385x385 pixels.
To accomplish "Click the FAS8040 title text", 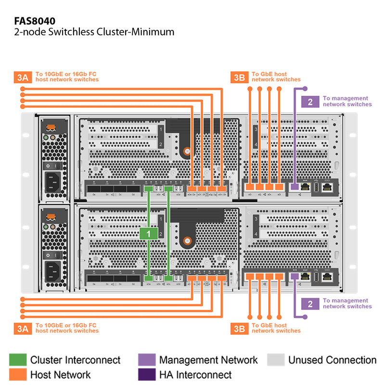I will coord(35,21).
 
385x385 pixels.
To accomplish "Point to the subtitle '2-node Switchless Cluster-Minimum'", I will coord(94,32).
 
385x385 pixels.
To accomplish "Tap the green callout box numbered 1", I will coord(149,234).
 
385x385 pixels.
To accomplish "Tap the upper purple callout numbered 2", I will coord(310,102).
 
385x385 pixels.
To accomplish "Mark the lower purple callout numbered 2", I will coord(310,304).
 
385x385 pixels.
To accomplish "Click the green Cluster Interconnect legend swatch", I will coord(18,360).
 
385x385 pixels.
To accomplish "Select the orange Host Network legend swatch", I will coord(18,374).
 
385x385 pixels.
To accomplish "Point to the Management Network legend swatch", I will coord(146,360).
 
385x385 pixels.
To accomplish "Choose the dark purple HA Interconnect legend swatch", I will coord(146,374).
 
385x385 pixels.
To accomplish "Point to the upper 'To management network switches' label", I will coord(346,101).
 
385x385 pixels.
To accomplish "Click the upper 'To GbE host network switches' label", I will coord(275,77).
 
